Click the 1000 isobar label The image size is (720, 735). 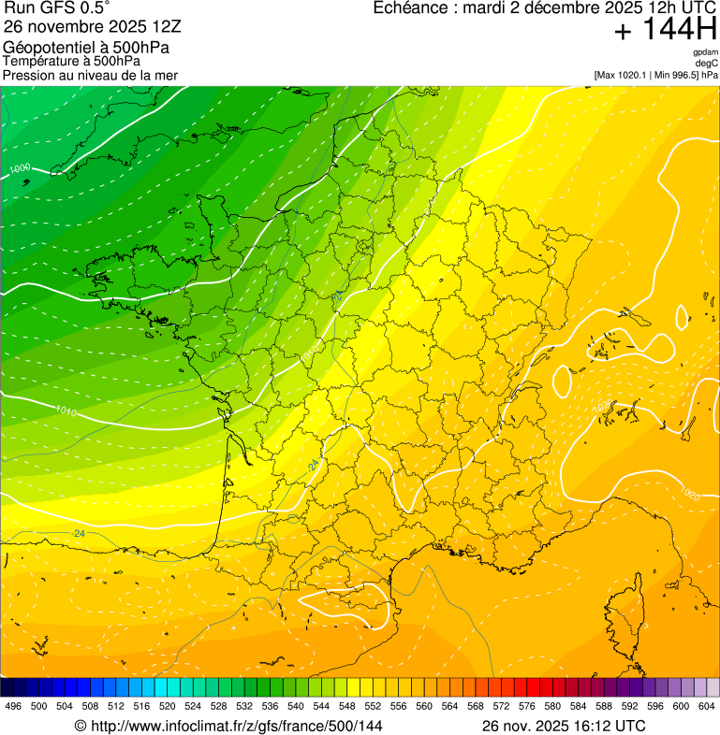(x=20, y=168)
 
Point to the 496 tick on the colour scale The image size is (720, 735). (x=13, y=706)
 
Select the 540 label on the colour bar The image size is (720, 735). (x=296, y=706)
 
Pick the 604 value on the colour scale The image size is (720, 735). (x=707, y=706)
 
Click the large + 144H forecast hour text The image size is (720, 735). (x=665, y=31)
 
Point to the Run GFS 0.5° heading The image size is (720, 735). (x=57, y=8)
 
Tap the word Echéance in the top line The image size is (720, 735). (x=410, y=8)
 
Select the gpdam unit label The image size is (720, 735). (x=706, y=52)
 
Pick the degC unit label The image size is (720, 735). (x=707, y=64)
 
